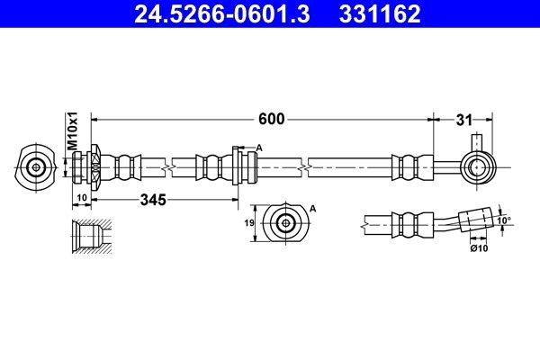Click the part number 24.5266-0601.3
click(213, 14)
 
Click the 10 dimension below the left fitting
click(80, 197)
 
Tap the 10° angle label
click(504, 219)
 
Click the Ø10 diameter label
click(478, 248)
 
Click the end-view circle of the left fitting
click(37, 166)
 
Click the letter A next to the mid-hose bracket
click(259, 148)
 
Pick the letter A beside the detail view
click(313, 208)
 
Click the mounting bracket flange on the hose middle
click(237, 166)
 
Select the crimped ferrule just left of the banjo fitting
click(407, 166)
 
